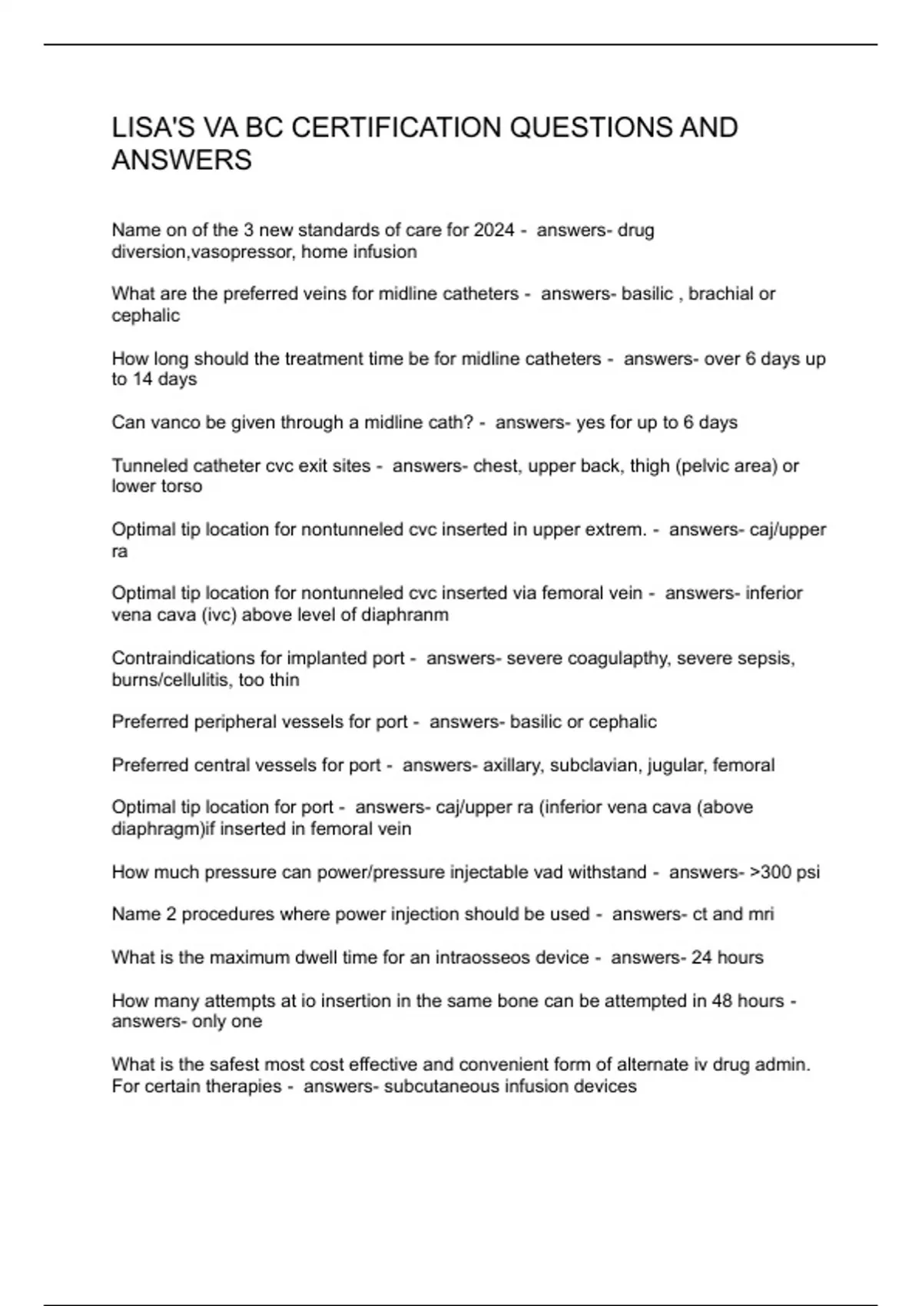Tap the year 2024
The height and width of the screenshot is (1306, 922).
click(x=494, y=230)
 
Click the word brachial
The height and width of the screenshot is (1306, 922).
click(x=721, y=293)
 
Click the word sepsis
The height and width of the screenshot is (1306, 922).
click(x=767, y=658)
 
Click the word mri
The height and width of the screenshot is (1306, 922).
click(x=761, y=914)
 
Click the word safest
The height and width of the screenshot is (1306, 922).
click(x=207, y=1065)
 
